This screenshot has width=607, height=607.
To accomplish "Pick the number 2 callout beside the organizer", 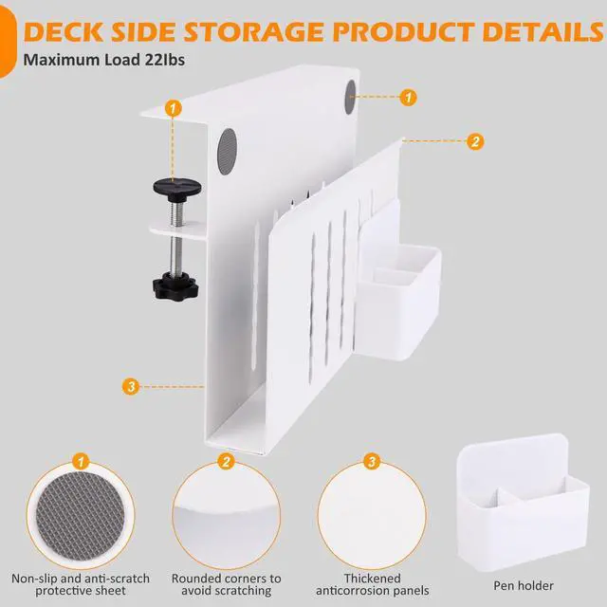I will (x=475, y=141).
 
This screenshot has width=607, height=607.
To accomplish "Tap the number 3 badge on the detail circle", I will (x=373, y=462).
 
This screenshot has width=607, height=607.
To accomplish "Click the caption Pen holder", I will (x=524, y=585).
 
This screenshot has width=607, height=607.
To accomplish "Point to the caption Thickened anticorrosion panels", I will (x=373, y=585).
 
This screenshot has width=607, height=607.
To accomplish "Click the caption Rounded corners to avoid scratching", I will (x=226, y=585).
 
